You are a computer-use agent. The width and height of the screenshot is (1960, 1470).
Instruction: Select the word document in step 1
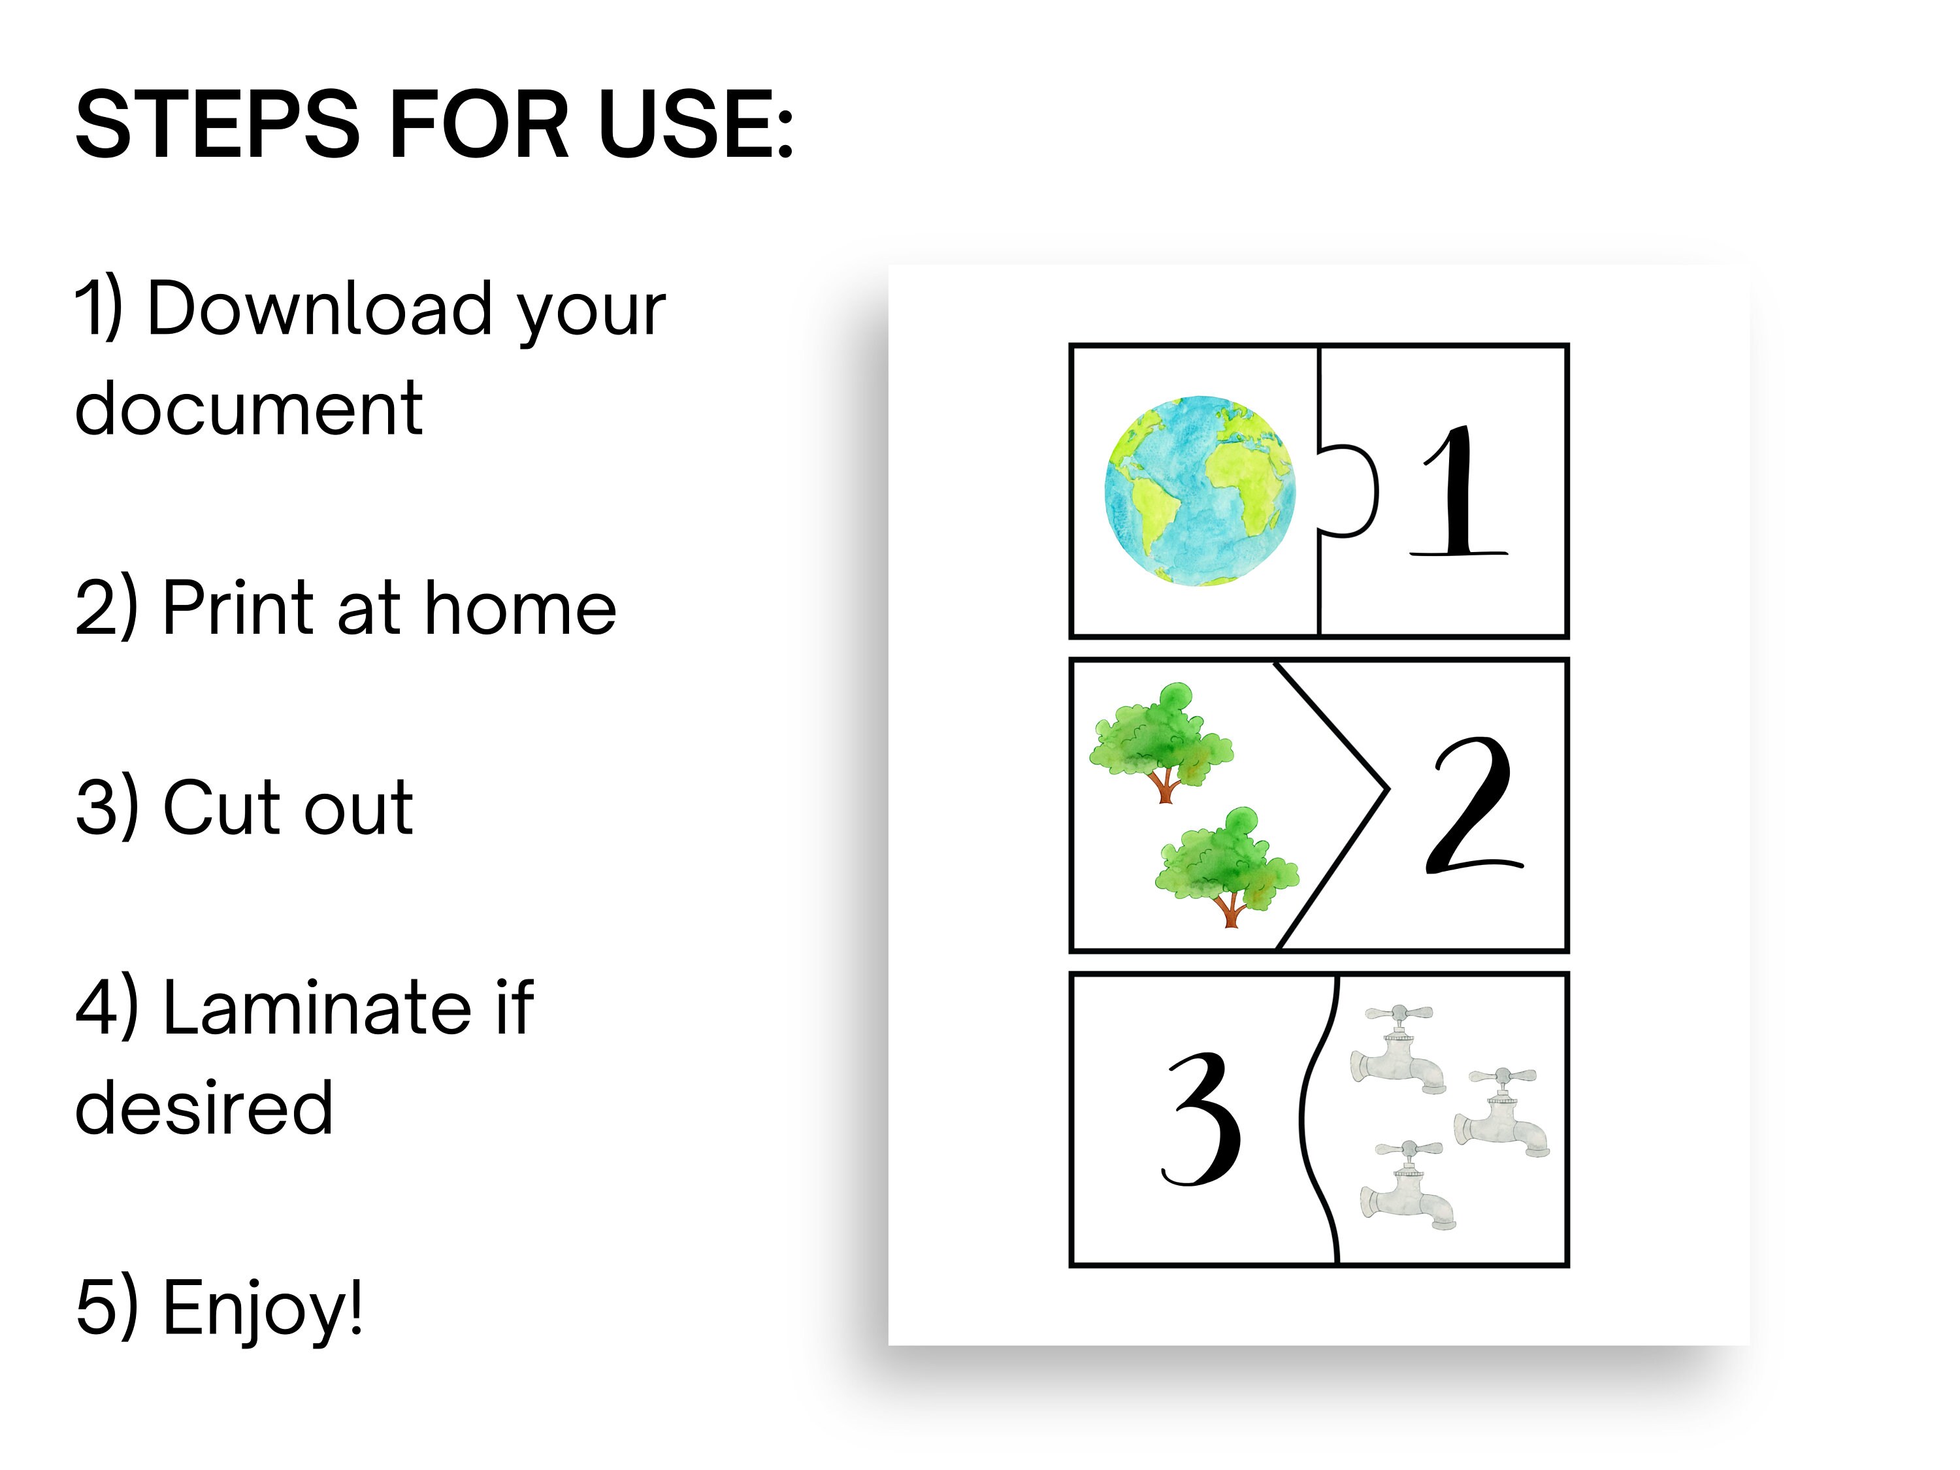point(248,410)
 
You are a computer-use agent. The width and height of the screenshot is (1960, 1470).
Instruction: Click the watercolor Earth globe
point(1199,490)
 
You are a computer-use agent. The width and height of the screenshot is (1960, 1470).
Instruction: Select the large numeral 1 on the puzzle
point(1458,492)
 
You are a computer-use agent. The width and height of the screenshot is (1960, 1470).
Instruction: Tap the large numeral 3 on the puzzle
point(1202,1120)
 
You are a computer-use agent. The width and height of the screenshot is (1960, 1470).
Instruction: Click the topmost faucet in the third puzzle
point(1398,1049)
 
